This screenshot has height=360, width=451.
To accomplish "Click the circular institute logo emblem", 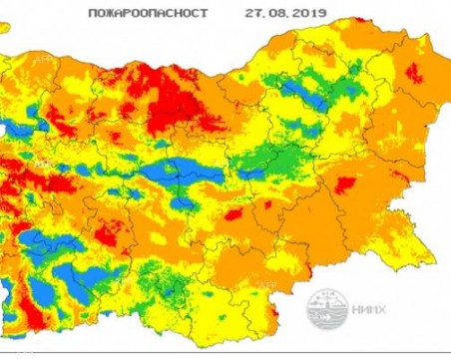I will [x=324, y=304].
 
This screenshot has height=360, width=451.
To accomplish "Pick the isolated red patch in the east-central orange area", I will [x=344, y=185].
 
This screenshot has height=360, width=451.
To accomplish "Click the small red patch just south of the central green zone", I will [x=232, y=213].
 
